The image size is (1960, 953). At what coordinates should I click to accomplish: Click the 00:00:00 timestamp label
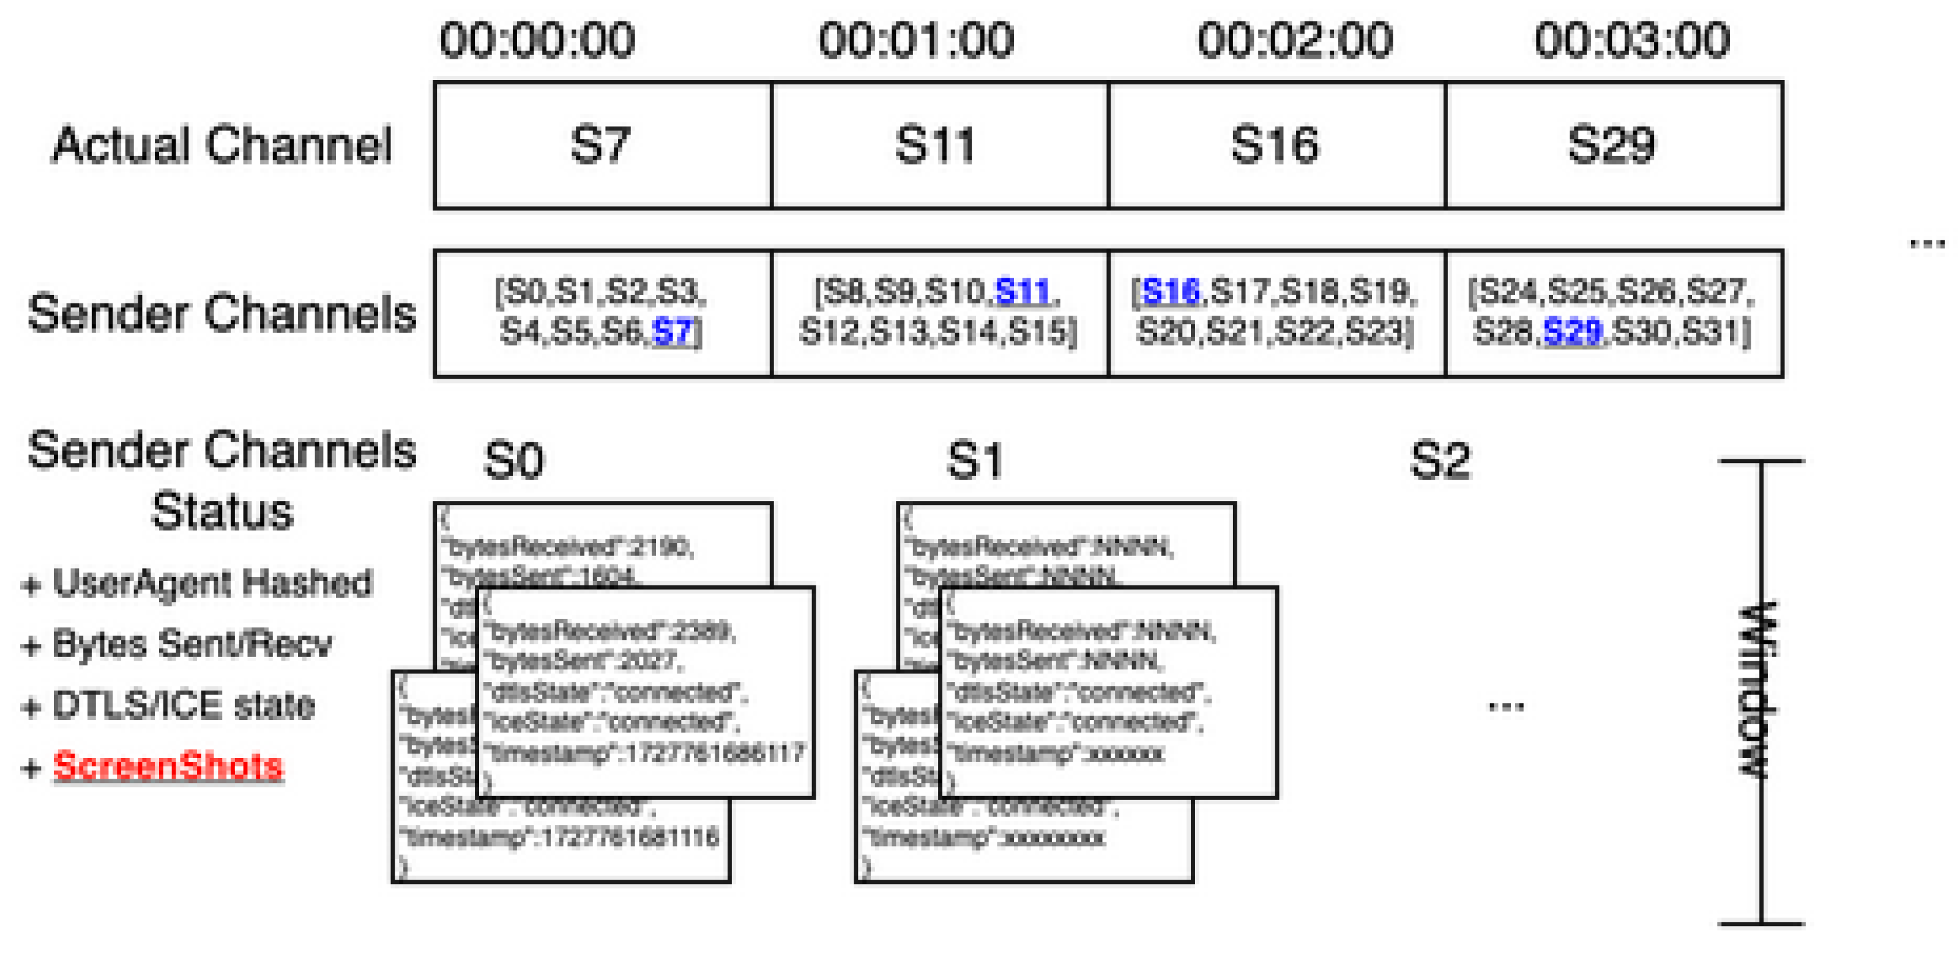click(x=537, y=40)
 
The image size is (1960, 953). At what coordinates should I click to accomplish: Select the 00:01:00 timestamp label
click(x=916, y=40)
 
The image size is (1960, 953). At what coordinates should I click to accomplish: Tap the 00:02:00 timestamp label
click(x=1295, y=40)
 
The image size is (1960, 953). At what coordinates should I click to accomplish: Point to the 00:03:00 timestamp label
click(x=1632, y=40)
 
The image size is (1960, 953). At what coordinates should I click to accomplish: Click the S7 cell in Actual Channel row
click(x=601, y=144)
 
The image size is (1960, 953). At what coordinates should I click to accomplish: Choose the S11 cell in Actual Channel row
click(x=936, y=144)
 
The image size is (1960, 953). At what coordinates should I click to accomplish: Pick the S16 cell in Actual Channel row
click(x=1275, y=144)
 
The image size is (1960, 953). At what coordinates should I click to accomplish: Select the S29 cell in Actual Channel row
click(x=1612, y=144)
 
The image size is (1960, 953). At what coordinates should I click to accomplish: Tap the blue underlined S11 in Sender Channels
click(x=1023, y=291)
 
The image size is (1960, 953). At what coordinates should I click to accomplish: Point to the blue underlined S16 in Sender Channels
click(x=1170, y=291)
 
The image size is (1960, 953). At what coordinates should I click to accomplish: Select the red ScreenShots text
click(x=168, y=766)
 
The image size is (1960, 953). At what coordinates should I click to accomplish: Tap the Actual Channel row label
click(x=222, y=144)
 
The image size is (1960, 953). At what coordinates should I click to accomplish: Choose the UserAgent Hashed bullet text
click(x=212, y=584)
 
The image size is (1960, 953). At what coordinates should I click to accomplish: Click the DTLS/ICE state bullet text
click(x=182, y=705)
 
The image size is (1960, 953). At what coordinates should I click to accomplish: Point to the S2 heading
click(x=1440, y=461)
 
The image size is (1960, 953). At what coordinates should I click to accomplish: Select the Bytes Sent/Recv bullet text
click(x=192, y=644)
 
